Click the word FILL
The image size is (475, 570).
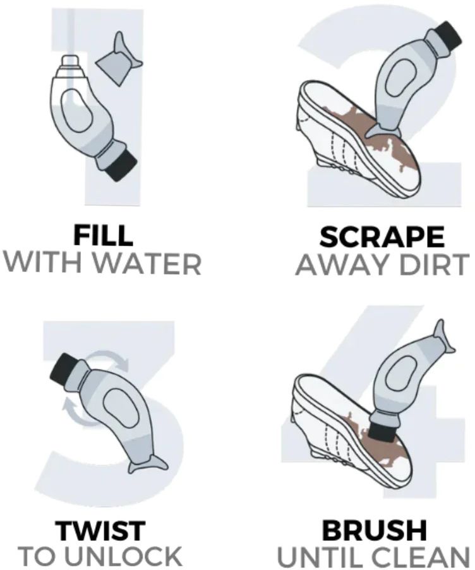pos(103,235)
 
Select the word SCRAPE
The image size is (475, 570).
pos(382,237)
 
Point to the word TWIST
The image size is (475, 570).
pos(100,531)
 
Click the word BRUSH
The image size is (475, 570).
pos(375,531)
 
